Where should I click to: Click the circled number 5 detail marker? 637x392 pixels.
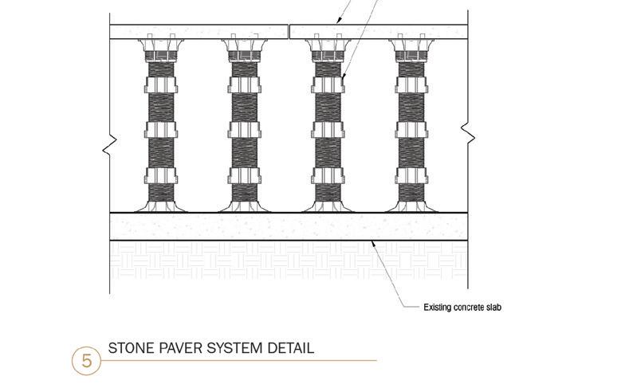point(86,360)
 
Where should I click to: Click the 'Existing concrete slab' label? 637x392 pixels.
point(462,307)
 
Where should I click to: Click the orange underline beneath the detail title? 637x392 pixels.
point(239,360)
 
